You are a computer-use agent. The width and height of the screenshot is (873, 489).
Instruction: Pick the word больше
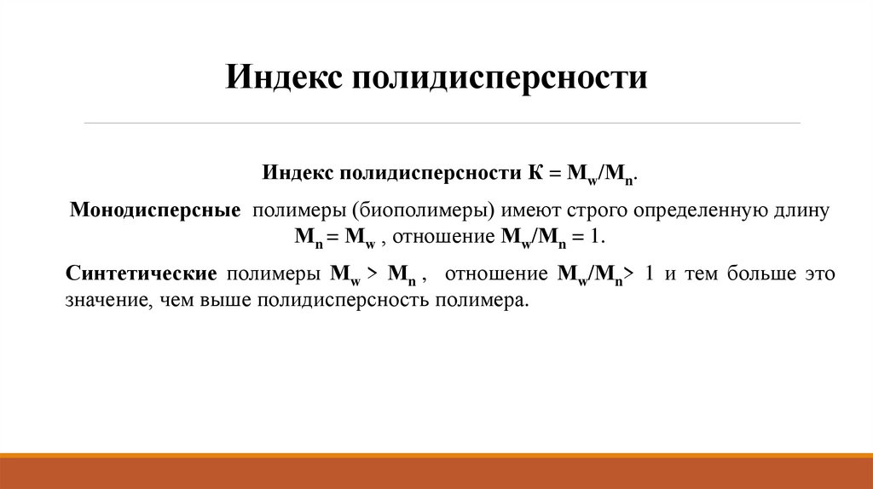click(x=753, y=274)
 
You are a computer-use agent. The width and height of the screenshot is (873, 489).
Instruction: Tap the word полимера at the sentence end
click(x=482, y=301)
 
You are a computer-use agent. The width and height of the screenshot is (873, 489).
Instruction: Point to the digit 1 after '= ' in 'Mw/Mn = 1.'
click(x=595, y=236)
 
